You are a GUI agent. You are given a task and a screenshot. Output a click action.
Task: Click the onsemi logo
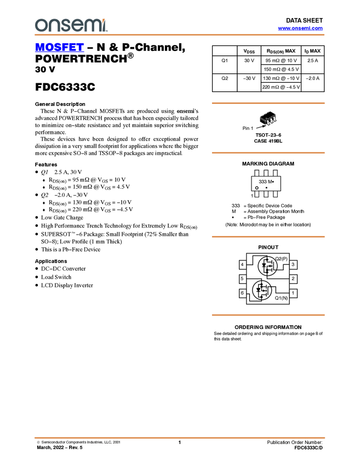(71, 25)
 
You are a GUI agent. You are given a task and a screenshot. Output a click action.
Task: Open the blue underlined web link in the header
(300, 29)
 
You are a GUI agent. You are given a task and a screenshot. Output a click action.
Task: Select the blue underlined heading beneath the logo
(59, 48)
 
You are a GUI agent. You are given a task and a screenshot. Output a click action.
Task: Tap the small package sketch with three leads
(268, 120)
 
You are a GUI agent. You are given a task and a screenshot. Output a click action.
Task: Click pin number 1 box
(293, 293)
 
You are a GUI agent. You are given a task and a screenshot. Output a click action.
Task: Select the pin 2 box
(293, 279)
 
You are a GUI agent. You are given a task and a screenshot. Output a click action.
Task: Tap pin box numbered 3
(293, 265)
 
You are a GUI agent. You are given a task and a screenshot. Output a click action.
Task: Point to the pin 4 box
(242, 265)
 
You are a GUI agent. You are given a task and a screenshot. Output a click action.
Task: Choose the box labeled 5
(242, 279)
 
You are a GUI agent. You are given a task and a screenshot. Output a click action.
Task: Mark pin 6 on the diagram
(242, 293)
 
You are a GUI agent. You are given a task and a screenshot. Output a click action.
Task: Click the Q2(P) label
(281, 258)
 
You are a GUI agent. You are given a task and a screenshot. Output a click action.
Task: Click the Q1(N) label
(281, 298)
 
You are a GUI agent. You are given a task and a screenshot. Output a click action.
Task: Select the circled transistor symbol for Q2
(267, 266)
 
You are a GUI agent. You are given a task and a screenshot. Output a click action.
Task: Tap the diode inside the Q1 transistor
(258, 289)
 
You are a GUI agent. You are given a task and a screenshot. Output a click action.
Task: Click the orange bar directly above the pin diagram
(268, 237)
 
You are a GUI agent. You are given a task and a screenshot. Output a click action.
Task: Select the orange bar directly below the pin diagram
(268, 315)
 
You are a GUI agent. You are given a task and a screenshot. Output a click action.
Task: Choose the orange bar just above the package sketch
(268, 103)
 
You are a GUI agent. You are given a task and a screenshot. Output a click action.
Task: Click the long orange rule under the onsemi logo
(180, 35)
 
